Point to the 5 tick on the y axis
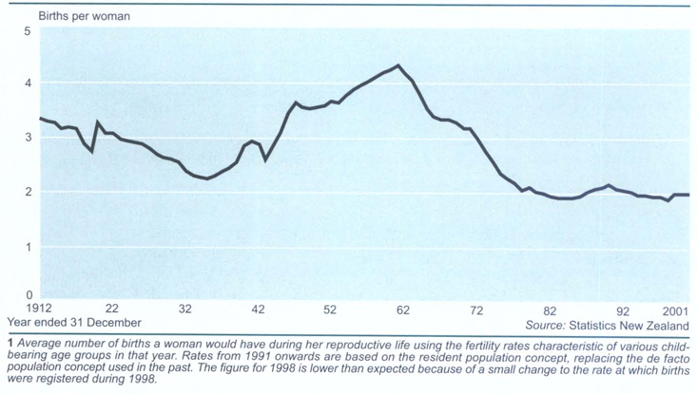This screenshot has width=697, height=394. (29, 30)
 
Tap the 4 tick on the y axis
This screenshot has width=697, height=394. (29, 84)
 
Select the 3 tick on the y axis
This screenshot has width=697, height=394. (29, 138)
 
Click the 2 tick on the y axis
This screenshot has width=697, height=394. (29, 192)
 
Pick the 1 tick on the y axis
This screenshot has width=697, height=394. (29, 246)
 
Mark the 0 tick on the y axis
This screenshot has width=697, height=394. (29, 295)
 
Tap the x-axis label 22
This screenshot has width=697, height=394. (111, 310)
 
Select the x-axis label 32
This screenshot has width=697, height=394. (184, 310)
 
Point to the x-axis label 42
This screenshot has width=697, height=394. (258, 310)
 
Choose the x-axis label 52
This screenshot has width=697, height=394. (330, 310)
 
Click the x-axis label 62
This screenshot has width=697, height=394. (403, 310)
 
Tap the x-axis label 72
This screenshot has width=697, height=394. (476, 310)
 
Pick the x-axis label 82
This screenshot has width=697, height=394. (550, 310)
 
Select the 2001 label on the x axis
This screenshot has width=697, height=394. (677, 310)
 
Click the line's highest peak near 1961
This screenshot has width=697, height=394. (397, 66)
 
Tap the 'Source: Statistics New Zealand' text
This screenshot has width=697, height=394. (599, 323)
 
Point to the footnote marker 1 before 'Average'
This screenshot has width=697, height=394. (8, 342)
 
